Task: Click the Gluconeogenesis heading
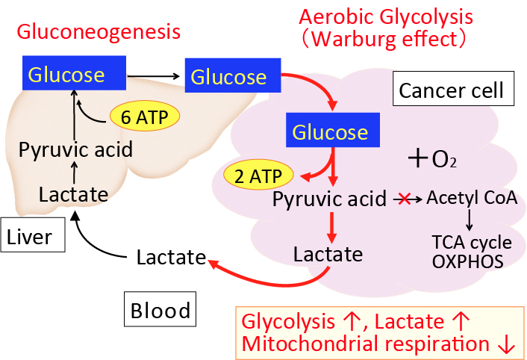coord(99,32)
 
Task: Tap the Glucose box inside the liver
coord(73,74)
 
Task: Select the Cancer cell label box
coord(452,91)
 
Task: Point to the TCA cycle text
coord(471,243)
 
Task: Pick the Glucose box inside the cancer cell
coord(330,133)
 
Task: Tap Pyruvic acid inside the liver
coord(75,149)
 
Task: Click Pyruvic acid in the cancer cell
coord(329,199)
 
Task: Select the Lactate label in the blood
coord(171,258)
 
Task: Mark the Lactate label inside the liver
coord(73,195)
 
